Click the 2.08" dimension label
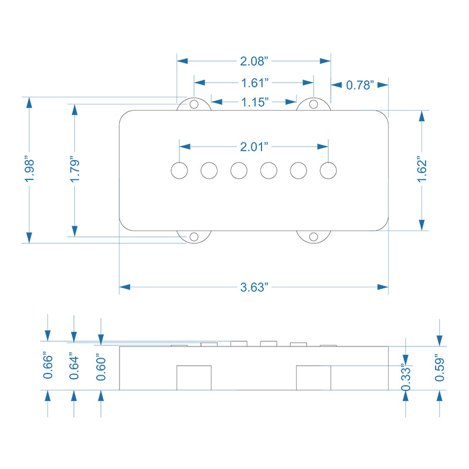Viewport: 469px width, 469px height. pos(254,60)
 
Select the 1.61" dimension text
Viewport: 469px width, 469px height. pos(254,81)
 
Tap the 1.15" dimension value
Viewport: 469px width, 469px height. pos(254,102)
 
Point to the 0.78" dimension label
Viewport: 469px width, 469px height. pos(360,85)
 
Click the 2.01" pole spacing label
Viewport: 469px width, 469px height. pos(254,145)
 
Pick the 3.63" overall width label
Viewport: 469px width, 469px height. pos(254,287)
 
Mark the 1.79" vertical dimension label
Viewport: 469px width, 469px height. pos(74,169)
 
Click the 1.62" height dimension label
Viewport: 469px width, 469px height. pos(421,169)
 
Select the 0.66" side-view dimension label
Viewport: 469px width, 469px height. pos(48,366)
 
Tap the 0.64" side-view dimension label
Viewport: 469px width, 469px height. pos(74,366)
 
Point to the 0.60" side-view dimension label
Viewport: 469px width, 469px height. pos(101,368)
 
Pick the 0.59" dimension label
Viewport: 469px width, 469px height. pos(440,368)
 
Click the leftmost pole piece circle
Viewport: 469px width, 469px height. pos(180,170)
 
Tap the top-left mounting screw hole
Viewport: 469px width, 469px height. pos(193,104)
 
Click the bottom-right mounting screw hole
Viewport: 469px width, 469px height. pos(314,236)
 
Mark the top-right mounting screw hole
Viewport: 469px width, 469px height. pos(314,104)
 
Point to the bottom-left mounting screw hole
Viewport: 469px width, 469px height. pos(193,236)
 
